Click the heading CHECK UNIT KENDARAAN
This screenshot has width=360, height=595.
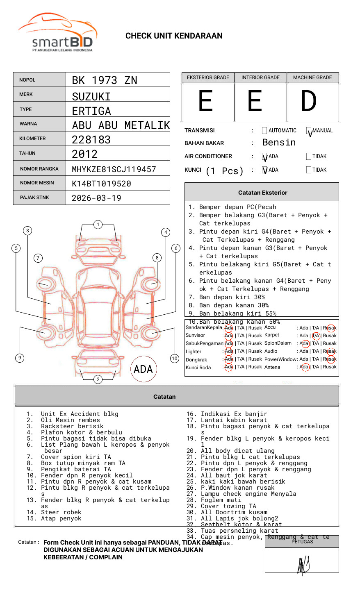[174, 36]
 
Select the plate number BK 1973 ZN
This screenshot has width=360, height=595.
[105, 80]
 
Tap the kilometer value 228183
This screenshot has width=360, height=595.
[91, 140]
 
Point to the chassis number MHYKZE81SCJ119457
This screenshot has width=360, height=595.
[114, 169]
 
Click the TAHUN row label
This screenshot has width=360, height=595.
[27, 153]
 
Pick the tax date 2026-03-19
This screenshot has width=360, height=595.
[96, 198]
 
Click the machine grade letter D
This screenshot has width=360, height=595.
[309, 101]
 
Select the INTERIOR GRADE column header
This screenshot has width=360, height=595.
[260, 77]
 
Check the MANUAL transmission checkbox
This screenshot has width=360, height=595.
[309, 131]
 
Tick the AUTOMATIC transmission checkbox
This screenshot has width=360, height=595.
[264, 131]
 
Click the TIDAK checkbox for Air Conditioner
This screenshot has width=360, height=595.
[309, 156]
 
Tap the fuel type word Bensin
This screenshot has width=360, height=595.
[279, 143]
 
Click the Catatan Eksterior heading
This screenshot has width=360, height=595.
[262, 193]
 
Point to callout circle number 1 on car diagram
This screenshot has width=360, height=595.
[98, 224]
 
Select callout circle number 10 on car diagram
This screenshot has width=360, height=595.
[175, 359]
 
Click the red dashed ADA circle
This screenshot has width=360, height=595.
[143, 369]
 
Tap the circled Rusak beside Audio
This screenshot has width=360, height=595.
[330, 351]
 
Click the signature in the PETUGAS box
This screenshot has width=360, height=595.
[303, 565]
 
